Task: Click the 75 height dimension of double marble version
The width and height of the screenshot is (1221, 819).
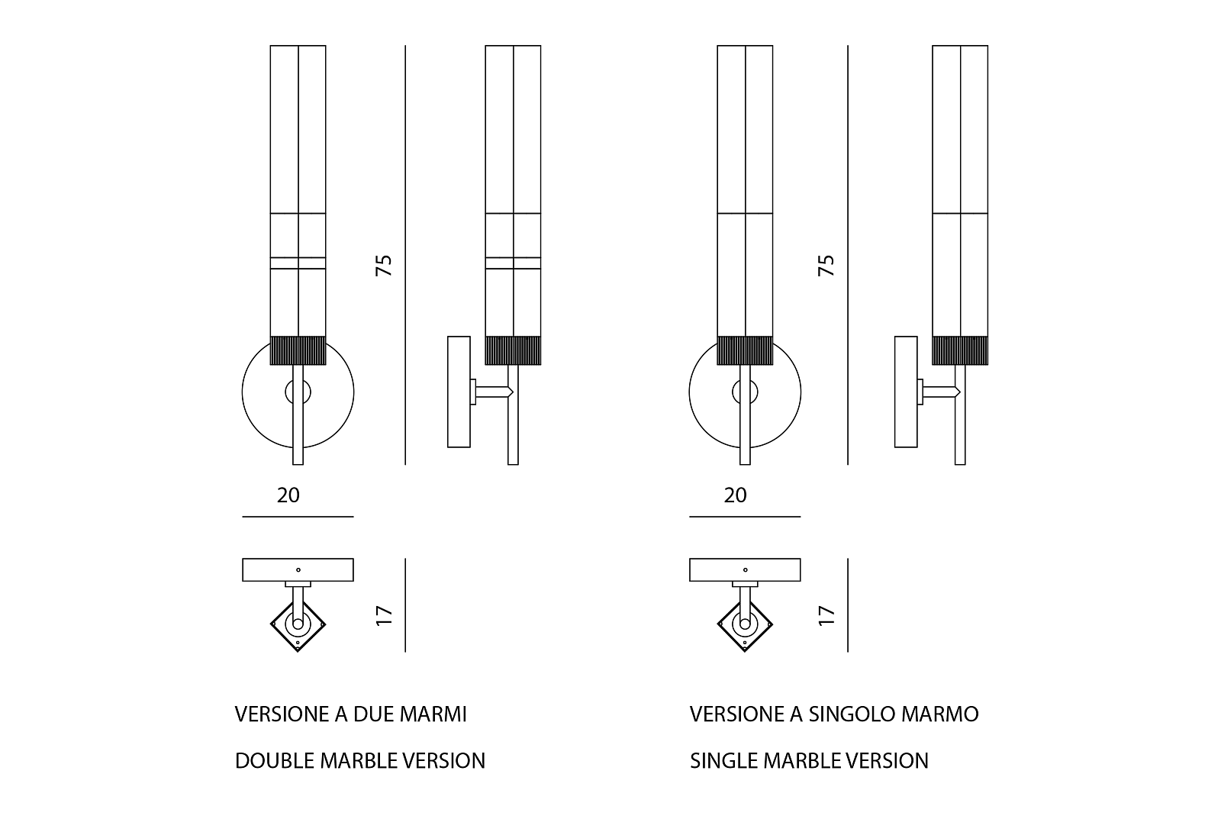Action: coord(384,265)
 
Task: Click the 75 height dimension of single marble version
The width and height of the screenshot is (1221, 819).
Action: coord(826,265)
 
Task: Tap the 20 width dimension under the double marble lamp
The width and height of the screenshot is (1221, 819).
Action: coord(288,495)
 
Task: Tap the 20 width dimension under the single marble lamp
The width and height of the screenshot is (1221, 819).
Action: coord(735,495)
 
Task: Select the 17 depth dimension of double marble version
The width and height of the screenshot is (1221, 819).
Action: coord(384,615)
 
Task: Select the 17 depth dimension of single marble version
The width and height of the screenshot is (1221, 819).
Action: coord(826,615)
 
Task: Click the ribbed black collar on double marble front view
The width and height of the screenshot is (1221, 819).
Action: coord(298,350)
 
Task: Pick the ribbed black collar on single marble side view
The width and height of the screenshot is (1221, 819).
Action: coord(960,350)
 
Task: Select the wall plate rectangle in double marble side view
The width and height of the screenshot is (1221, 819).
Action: coord(459,392)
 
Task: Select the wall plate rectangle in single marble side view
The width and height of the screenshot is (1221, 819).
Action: coord(906,392)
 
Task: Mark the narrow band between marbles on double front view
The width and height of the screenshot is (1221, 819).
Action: coord(298,263)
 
